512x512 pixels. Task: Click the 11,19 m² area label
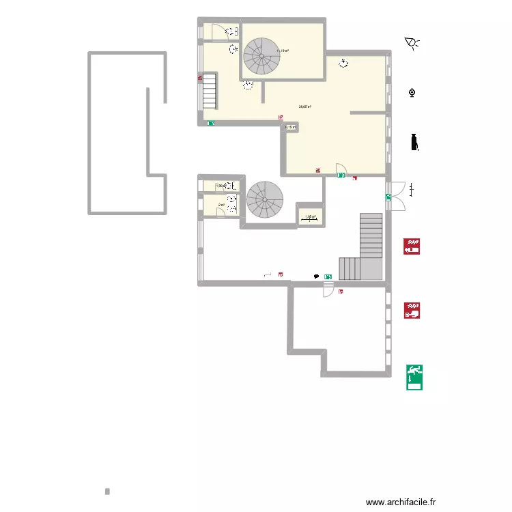(x=282, y=51)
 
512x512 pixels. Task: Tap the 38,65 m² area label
(x=305, y=106)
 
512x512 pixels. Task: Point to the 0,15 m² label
(x=291, y=127)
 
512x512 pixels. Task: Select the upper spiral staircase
(x=262, y=56)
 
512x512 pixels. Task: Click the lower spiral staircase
(x=265, y=199)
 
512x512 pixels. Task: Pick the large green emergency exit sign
(x=414, y=376)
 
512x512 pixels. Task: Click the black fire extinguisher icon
(x=414, y=142)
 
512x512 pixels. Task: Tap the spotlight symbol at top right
(x=412, y=44)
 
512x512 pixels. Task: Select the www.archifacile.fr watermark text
(x=401, y=501)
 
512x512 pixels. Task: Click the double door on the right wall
(x=397, y=196)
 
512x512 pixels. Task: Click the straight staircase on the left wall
(x=209, y=91)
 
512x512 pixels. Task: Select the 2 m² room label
(x=221, y=205)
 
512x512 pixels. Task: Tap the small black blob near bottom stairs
(x=315, y=276)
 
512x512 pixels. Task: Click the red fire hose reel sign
(x=412, y=246)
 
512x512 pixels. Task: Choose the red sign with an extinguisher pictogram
(x=412, y=311)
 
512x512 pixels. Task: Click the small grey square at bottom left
(x=107, y=491)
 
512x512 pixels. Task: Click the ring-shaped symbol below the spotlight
(x=412, y=93)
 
